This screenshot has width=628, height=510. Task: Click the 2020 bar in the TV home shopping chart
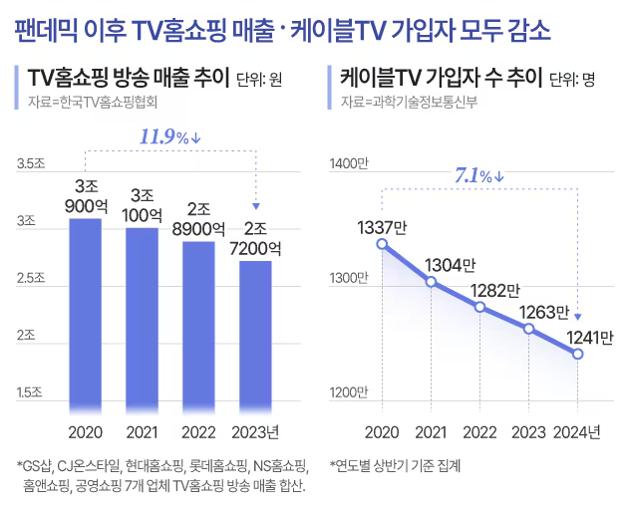point(85,314)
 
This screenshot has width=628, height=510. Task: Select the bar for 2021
point(142,319)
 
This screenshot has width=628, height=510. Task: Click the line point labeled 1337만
point(382,244)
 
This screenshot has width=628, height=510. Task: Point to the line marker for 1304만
point(431,282)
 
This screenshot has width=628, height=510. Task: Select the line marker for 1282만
point(479,307)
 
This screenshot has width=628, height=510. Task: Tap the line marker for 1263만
point(528,329)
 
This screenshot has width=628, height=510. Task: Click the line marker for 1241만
point(577,354)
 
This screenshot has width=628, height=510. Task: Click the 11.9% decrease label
point(170,137)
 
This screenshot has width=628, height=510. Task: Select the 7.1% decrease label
point(479,176)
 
